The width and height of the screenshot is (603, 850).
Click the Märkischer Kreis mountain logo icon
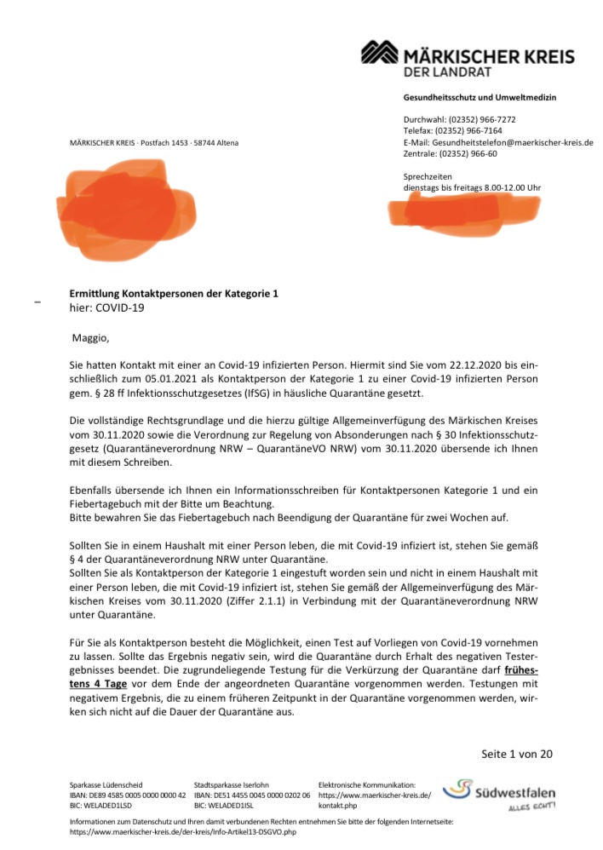click(381, 53)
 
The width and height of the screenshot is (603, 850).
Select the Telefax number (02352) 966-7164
click(468, 131)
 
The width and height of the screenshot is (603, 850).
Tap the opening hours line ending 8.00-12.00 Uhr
click(472, 187)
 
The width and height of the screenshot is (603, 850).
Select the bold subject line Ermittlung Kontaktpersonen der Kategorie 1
click(174, 294)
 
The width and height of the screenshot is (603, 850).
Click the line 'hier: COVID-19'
click(107, 307)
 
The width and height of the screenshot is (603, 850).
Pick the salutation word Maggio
click(90, 338)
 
